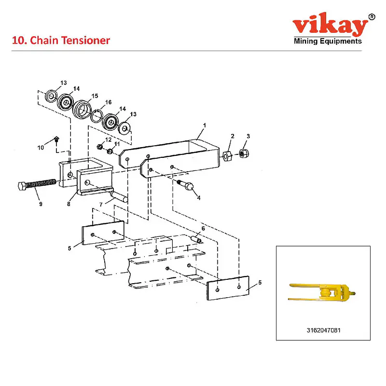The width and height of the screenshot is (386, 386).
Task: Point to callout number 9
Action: [41, 204]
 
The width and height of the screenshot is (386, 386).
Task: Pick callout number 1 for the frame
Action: [204, 125]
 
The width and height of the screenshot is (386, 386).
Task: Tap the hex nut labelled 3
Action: [244, 153]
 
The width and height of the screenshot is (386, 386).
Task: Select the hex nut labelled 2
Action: [228, 155]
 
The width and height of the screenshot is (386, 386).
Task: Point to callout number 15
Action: [95, 96]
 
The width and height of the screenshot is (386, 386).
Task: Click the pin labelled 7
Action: [118, 196]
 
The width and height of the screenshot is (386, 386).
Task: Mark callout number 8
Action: [69, 204]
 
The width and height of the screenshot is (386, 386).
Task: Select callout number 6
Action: [203, 229]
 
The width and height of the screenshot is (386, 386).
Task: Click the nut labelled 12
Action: [99, 146]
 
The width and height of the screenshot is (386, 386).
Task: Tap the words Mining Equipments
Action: [328, 41]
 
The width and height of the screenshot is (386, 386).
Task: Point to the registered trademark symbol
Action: [371, 17]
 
